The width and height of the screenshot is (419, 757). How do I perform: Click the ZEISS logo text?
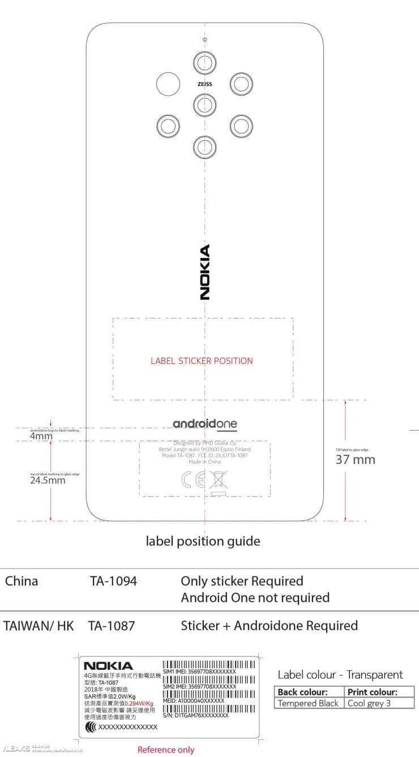(x=204, y=83)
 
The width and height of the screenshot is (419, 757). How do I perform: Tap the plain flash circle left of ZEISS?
(x=168, y=84)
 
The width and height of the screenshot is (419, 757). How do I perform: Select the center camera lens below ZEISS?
(x=204, y=104)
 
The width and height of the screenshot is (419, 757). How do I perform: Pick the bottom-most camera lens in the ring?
(x=204, y=147)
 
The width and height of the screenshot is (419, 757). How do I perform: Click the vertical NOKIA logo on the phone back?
(x=204, y=272)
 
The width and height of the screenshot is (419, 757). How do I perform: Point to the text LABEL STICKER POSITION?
(x=202, y=360)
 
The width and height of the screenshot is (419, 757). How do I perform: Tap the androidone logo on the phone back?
(x=204, y=424)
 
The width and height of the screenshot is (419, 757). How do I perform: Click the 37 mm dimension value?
(x=355, y=459)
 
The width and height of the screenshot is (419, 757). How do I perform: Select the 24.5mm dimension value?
(x=48, y=481)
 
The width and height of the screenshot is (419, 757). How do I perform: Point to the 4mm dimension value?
(x=41, y=436)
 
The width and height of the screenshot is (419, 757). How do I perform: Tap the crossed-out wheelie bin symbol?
(x=217, y=481)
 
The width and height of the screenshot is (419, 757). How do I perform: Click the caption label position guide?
(x=203, y=541)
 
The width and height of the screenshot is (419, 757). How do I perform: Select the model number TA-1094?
(x=113, y=581)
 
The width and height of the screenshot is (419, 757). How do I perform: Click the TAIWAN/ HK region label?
(x=38, y=626)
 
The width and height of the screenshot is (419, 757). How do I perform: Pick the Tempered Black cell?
(x=308, y=703)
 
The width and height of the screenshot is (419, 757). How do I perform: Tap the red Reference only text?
(x=166, y=750)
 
